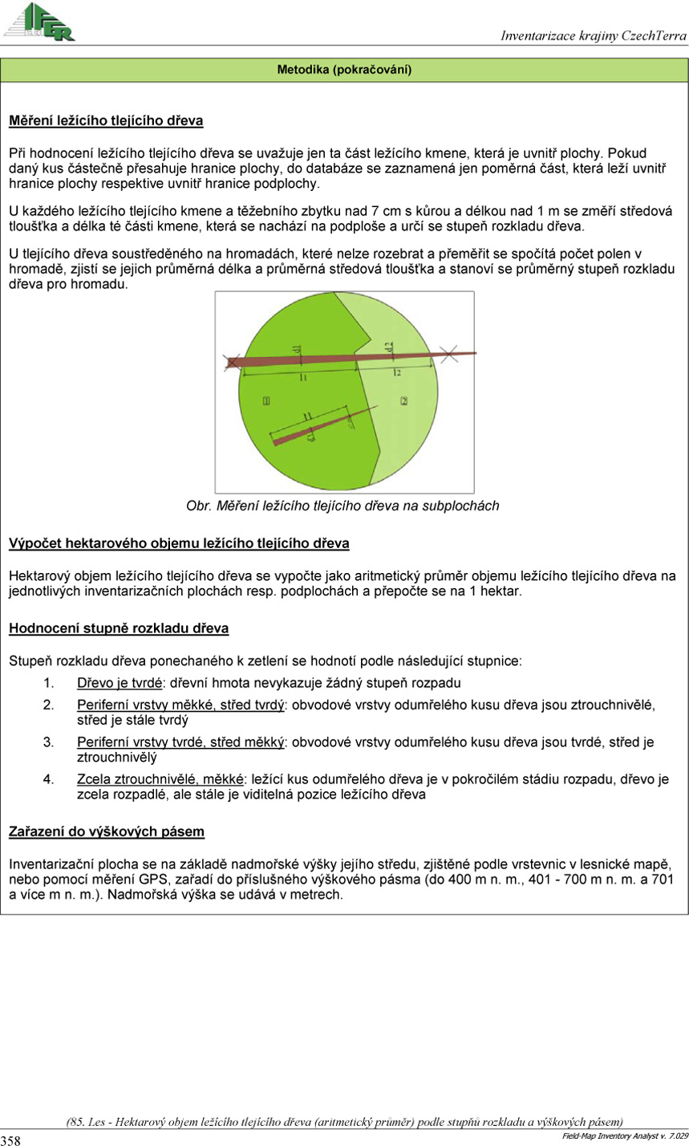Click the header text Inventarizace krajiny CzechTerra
[x=594, y=35]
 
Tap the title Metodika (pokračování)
[x=344, y=70]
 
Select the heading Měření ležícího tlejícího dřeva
[x=106, y=121]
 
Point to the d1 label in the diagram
[x=296, y=350]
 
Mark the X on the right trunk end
[x=451, y=353]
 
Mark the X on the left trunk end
[x=232, y=362]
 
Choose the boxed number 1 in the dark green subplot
[x=265, y=400]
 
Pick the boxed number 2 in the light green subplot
[x=404, y=400]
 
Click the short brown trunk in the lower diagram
[x=313, y=429]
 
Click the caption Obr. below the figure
[x=197, y=506]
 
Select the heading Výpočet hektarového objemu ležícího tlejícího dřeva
[x=179, y=544]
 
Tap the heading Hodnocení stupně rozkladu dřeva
[x=119, y=628]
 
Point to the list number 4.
[x=48, y=779]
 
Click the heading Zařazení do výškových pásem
[x=107, y=831]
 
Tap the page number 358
[x=11, y=1140]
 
